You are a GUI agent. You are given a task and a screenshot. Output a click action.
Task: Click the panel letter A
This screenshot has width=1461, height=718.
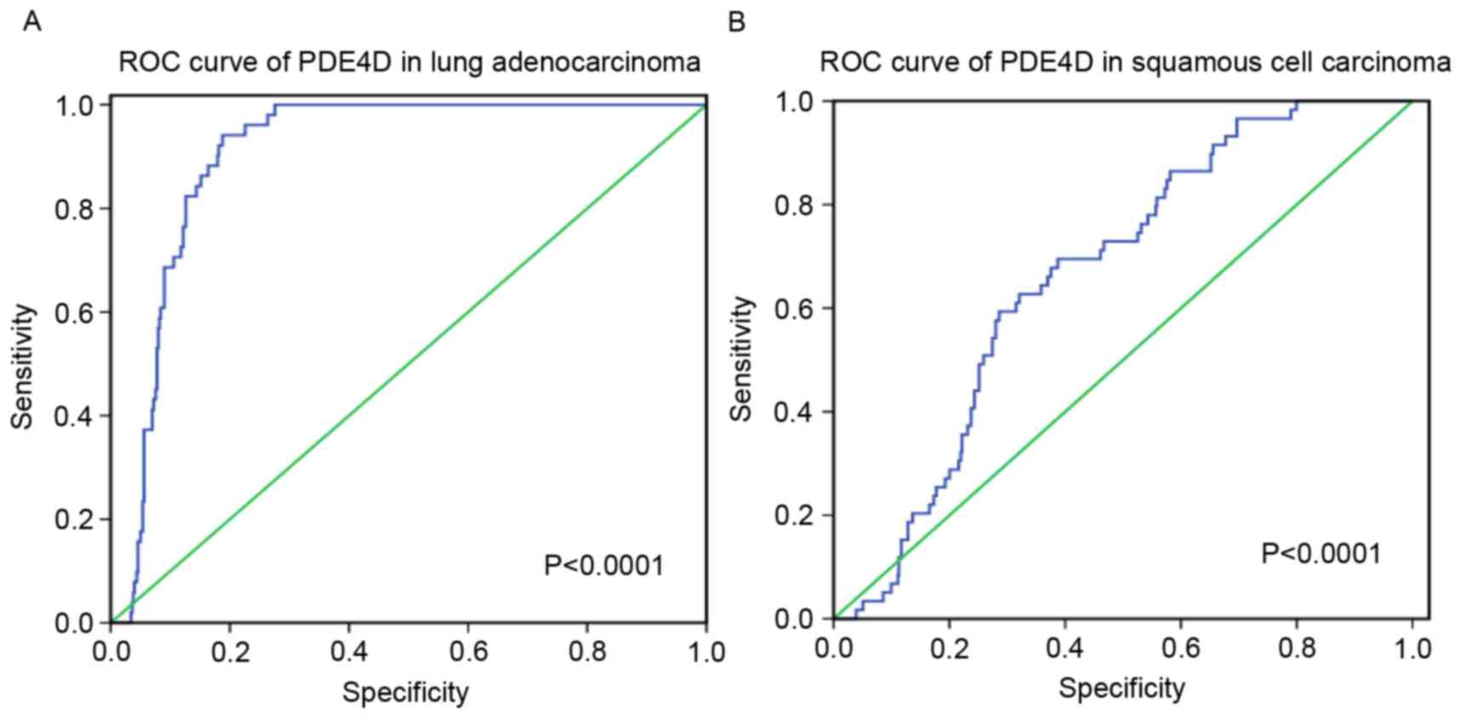pos(31,22)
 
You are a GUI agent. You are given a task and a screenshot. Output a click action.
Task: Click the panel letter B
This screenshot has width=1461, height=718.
pos(737,22)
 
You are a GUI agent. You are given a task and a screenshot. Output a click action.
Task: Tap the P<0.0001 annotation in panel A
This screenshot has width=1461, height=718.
pos(603,565)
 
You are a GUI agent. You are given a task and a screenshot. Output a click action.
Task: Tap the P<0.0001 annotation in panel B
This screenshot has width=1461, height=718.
pos(1321,554)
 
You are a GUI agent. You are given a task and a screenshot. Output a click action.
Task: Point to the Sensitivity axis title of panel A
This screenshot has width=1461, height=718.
pos(24,366)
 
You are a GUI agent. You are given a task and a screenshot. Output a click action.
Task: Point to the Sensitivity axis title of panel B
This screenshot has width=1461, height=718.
pos(742,358)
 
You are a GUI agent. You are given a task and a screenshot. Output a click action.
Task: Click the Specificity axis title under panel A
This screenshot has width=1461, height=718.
pos(405,692)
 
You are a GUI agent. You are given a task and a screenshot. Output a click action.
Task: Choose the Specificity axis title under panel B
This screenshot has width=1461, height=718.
pos(1121,688)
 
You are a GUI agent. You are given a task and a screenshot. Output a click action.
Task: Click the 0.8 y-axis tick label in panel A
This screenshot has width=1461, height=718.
pos(74,208)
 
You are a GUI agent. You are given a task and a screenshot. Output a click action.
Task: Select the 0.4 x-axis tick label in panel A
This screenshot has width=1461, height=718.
pos(349,652)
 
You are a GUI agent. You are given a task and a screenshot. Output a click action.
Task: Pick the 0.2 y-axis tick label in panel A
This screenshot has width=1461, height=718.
pos(74,520)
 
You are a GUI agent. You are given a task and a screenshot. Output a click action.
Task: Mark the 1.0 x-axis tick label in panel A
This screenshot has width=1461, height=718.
pos(705,652)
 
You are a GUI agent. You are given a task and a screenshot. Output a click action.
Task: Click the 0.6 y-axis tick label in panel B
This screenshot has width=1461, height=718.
pos(794,309)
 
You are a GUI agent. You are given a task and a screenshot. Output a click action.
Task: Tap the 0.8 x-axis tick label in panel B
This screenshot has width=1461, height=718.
pos(1296,648)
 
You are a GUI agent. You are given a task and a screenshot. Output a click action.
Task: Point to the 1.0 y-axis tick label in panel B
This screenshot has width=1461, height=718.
pos(794,101)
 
